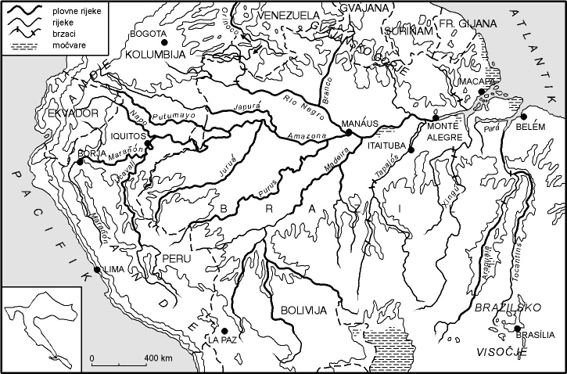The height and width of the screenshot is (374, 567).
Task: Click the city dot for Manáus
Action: pos(348,133)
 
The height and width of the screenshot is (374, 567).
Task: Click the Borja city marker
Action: pos(80,161)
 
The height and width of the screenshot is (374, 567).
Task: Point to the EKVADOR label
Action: pos(77,114)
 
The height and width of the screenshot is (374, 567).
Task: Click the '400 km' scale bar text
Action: pos(159,358)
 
